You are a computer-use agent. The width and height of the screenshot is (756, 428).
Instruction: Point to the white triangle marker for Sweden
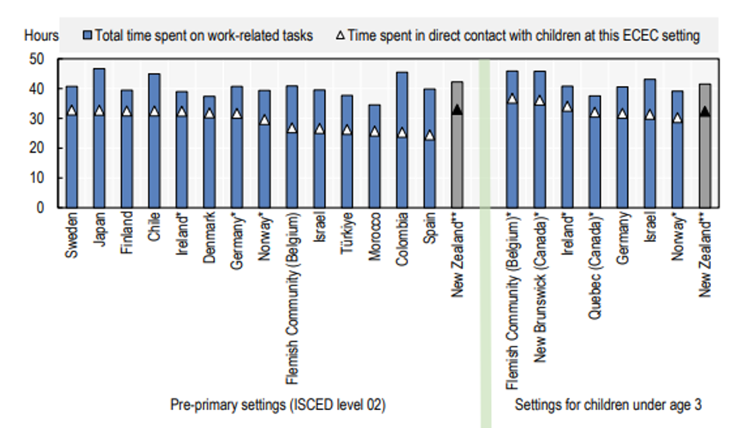tap(72, 111)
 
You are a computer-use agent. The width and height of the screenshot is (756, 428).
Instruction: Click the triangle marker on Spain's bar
tap(429, 135)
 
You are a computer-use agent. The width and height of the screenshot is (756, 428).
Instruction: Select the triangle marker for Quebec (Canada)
tap(595, 112)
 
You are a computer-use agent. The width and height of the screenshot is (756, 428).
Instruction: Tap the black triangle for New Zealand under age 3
tap(704, 112)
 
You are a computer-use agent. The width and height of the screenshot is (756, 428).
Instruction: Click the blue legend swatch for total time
tap(88, 35)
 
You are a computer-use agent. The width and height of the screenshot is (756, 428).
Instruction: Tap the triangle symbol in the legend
tap(340, 35)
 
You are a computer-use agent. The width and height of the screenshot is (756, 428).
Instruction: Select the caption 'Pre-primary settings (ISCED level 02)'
tap(278, 404)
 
